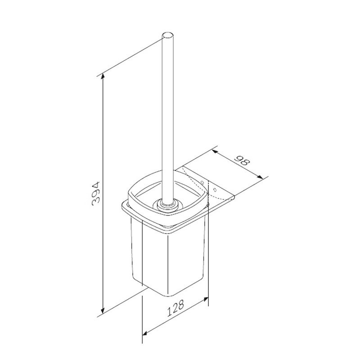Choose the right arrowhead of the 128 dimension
207,299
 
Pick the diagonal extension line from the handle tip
130,56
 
